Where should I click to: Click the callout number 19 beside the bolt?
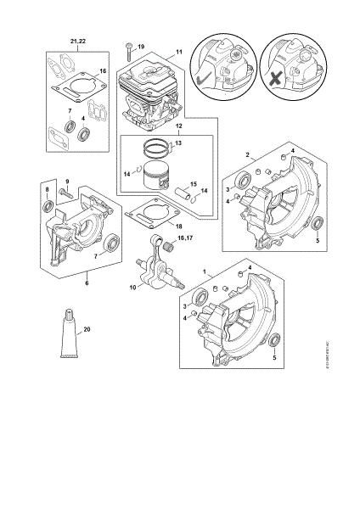(x=142, y=45)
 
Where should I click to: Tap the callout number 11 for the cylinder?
(x=179, y=52)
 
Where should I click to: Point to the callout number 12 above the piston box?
(x=178, y=126)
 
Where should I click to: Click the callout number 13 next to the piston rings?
(x=177, y=143)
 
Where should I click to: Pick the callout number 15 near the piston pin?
(x=193, y=184)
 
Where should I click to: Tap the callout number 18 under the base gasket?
(x=177, y=227)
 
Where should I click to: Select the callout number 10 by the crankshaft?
(x=132, y=288)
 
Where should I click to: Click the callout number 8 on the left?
(x=48, y=188)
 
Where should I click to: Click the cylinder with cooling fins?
(x=149, y=93)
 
